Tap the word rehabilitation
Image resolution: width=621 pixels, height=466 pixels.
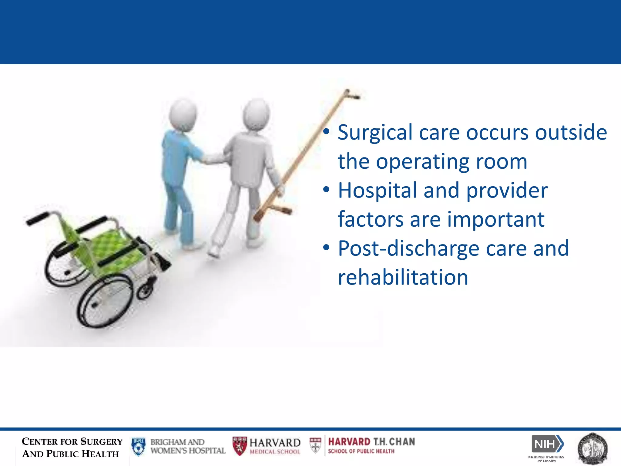tap(403, 277)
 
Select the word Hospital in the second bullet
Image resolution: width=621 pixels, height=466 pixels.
tap(377, 191)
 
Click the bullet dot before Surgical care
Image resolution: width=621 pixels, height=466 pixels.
tap(326, 132)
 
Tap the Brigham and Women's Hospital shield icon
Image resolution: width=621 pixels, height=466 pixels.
tap(139, 446)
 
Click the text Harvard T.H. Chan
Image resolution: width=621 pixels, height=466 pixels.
tap(371, 442)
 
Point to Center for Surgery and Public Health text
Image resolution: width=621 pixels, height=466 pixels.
tap(72, 447)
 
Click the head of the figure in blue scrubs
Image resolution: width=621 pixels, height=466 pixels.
tap(183, 114)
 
